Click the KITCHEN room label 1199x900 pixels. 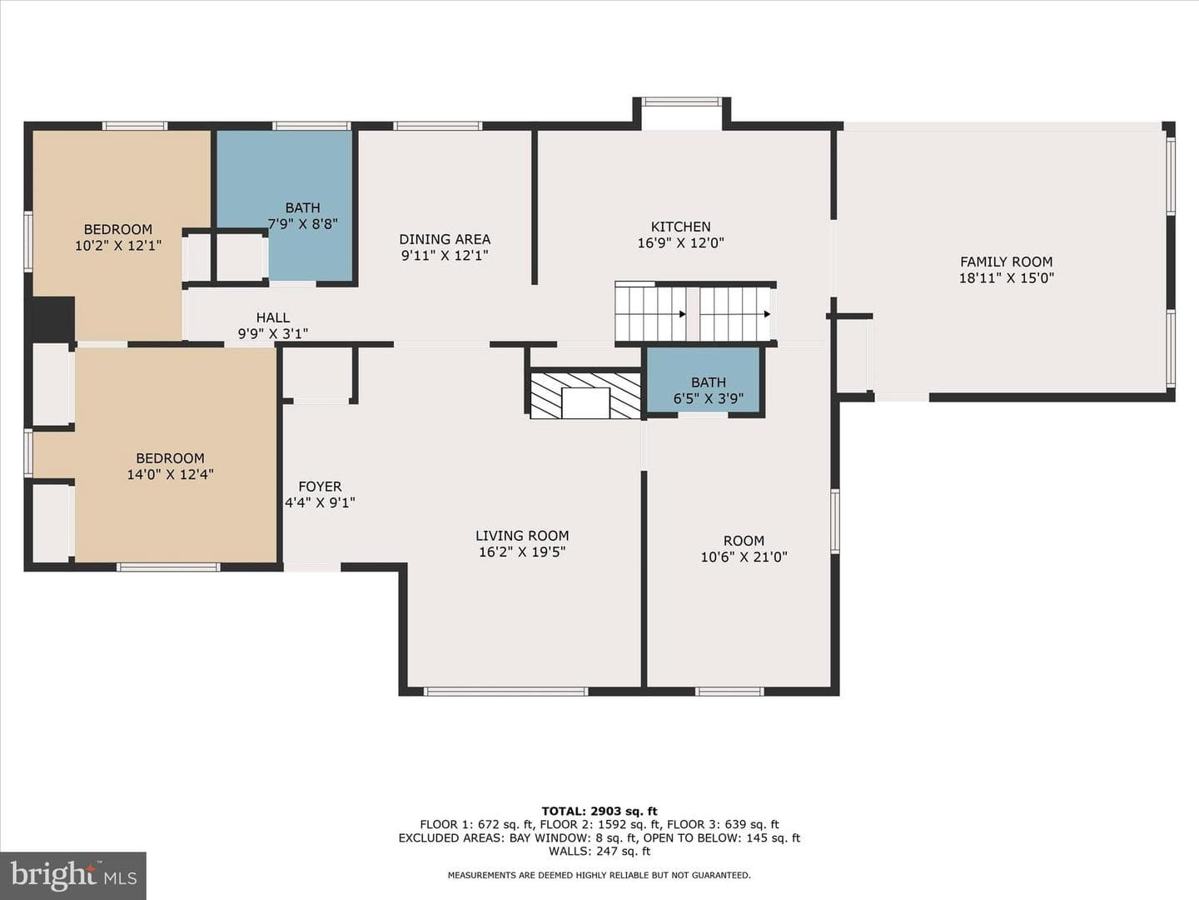(x=680, y=227)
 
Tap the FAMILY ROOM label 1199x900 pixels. (x=1006, y=262)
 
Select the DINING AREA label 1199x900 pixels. (x=445, y=239)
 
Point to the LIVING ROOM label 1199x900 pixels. (x=522, y=536)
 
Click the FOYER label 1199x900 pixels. (x=320, y=487)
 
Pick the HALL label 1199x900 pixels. (x=273, y=317)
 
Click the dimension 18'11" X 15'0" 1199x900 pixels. (x=1007, y=278)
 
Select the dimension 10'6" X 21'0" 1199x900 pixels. (x=744, y=557)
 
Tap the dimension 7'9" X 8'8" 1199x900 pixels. (x=302, y=224)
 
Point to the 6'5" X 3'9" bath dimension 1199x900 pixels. (x=709, y=399)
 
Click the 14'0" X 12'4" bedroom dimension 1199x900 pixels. (x=171, y=474)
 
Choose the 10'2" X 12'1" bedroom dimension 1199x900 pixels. (x=118, y=246)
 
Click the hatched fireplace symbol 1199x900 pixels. (x=585, y=396)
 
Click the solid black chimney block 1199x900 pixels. (x=53, y=318)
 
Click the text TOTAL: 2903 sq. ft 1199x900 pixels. (x=599, y=812)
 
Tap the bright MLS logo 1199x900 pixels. (x=73, y=875)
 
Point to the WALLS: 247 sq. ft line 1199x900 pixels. (x=599, y=851)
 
